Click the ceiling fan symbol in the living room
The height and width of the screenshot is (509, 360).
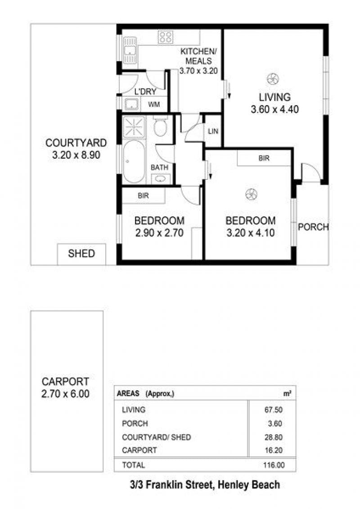(x=273, y=79)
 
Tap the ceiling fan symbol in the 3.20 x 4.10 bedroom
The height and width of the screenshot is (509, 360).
(x=251, y=194)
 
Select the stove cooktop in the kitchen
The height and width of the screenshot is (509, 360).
(x=166, y=37)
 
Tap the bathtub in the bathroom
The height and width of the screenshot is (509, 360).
(x=134, y=162)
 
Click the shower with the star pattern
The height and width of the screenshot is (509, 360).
(x=134, y=127)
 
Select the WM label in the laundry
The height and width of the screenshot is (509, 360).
(x=154, y=104)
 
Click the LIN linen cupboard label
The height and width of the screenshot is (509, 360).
(x=213, y=131)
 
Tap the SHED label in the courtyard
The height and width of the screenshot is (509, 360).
(x=81, y=254)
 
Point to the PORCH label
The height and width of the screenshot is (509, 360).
(x=313, y=227)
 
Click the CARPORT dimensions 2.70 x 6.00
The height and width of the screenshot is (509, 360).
(x=65, y=394)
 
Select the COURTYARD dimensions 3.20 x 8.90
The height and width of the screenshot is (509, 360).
(x=76, y=155)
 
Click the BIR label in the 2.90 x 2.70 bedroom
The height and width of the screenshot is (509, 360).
(x=143, y=196)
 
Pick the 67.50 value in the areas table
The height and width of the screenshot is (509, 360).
(x=274, y=410)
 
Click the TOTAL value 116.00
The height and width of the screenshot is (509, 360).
(x=274, y=465)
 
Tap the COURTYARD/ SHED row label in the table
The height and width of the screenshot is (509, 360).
(x=156, y=437)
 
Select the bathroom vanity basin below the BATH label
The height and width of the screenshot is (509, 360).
(x=160, y=179)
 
